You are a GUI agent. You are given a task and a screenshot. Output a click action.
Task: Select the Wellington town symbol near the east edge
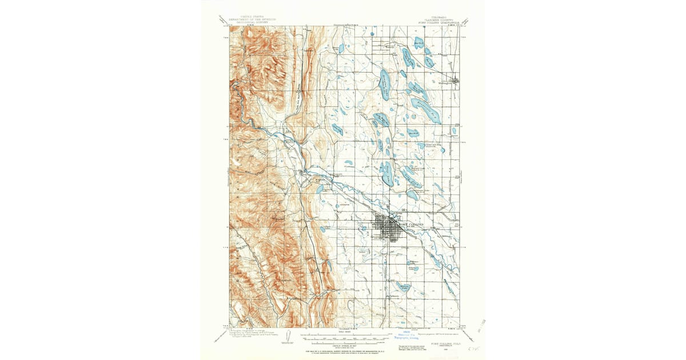pyautogui.click(x=454, y=81)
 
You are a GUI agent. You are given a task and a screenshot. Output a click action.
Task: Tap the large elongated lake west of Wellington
pyautogui.click(x=385, y=84)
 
